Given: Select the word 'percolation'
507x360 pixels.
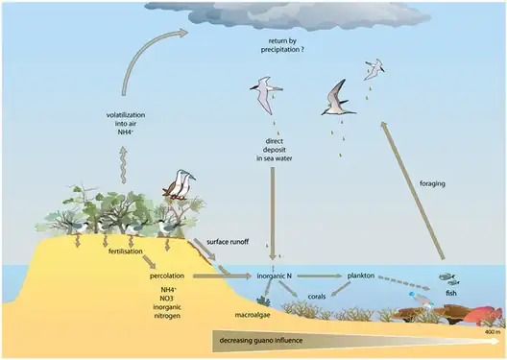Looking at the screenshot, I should (166, 276).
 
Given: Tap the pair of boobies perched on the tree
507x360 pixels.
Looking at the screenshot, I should (177, 184).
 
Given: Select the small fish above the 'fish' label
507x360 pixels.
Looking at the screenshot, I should (447, 277).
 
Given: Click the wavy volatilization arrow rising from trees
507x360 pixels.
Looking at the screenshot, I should (123, 168).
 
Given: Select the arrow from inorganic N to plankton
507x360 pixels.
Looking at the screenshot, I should (322, 276).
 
